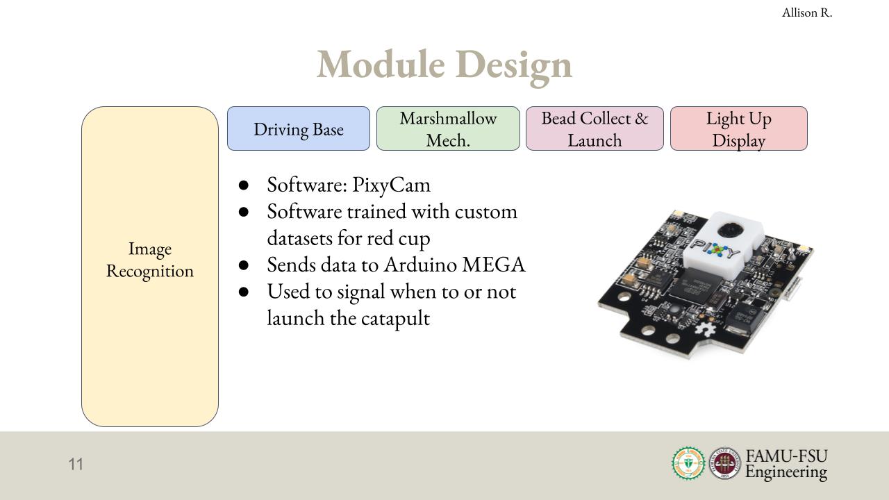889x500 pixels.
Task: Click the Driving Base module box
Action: pyautogui.click(x=299, y=128)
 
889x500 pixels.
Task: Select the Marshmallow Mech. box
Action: pyautogui.click(x=448, y=128)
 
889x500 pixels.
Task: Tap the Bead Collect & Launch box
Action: pyautogui.click(x=595, y=128)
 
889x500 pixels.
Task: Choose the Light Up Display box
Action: pyautogui.click(x=738, y=128)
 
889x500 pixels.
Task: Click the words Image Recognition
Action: pyautogui.click(x=150, y=260)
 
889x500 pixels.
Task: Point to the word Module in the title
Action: pyautogui.click(x=381, y=65)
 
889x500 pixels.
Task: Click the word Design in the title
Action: pyautogui.click(x=514, y=67)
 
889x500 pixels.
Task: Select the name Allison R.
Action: pyautogui.click(x=807, y=12)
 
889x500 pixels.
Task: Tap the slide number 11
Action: pyautogui.click(x=76, y=464)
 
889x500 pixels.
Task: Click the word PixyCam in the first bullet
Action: pyautogui.click(x=391, y=185)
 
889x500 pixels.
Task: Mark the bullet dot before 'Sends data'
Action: pyautogui.click(x=244, y=265)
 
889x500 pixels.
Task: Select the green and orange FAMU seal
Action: pyautogui.click(x=688, y=463)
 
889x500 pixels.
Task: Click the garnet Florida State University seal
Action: pyautogui.click(x=724, y=463)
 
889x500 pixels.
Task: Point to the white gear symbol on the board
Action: pyautogui.click(x=707, y=330)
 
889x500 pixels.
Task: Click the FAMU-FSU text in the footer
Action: pyautogui.click(x=787, y=456)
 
